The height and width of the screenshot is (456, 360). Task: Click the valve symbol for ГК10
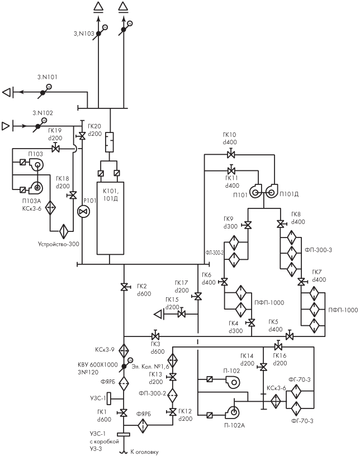click(231, 154)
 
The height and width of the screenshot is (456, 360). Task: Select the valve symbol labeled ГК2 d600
click(124, 287)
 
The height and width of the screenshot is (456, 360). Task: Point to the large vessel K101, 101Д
click(110, 218)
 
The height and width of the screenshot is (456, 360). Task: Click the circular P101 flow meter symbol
click(83, 211)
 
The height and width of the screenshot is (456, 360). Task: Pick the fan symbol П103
click(36, 165)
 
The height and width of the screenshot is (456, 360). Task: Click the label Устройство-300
click(59, 244)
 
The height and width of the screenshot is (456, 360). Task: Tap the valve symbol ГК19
click(55, 149)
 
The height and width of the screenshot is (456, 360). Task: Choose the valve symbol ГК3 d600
click(155, 336)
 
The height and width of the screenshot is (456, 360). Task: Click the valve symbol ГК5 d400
click(289, 336)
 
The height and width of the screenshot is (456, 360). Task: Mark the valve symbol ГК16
click(278, 346)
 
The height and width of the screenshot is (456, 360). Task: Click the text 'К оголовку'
click(144, 452)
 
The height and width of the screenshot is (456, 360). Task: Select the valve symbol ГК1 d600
click(124, 412)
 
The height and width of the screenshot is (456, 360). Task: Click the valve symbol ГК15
click(182, 314)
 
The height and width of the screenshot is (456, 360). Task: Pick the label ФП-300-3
click(319, 250)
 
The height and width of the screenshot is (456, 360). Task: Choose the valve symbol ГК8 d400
click(281, 224)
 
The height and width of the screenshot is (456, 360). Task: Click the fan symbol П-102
click(233, 382)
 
